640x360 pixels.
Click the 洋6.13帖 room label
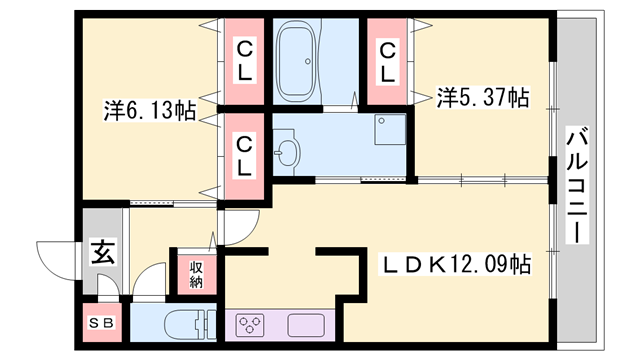(149, 110)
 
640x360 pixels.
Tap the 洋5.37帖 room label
(483, 98)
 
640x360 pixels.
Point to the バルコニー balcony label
(576, 185)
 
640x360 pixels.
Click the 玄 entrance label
(103, 251)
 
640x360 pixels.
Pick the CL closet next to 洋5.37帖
(387, 62)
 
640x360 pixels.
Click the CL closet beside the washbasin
(243, 155)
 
